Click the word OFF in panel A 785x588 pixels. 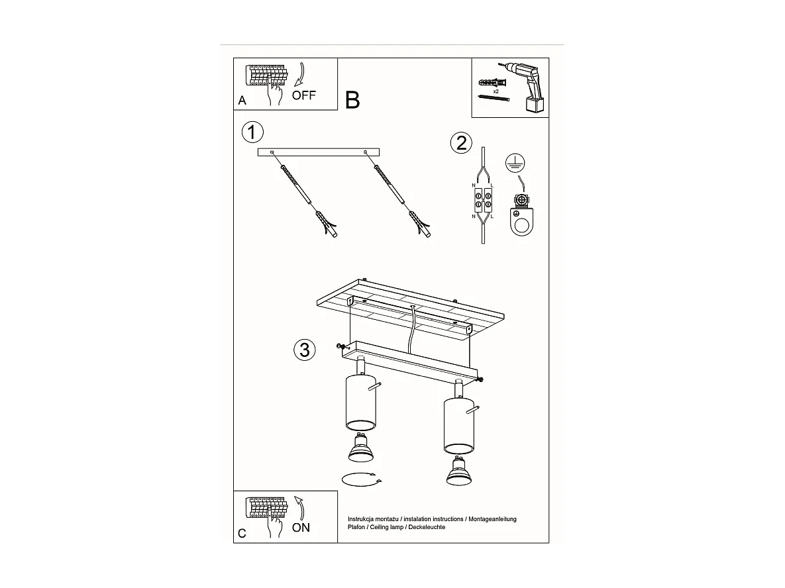click(x=304, y=95)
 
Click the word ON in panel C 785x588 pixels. click(x=301, y=528)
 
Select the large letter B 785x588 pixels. click(x=352, y=100)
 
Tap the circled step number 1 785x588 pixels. click(x=252, y=132)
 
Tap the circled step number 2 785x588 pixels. click(x=461, y=142)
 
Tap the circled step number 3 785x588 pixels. click(x=304, y=349)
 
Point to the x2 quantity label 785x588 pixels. click(x=496, y=91)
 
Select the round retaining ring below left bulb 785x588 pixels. click(x=360, y=479)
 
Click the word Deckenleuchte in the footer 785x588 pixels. click(x=427, y=527)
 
